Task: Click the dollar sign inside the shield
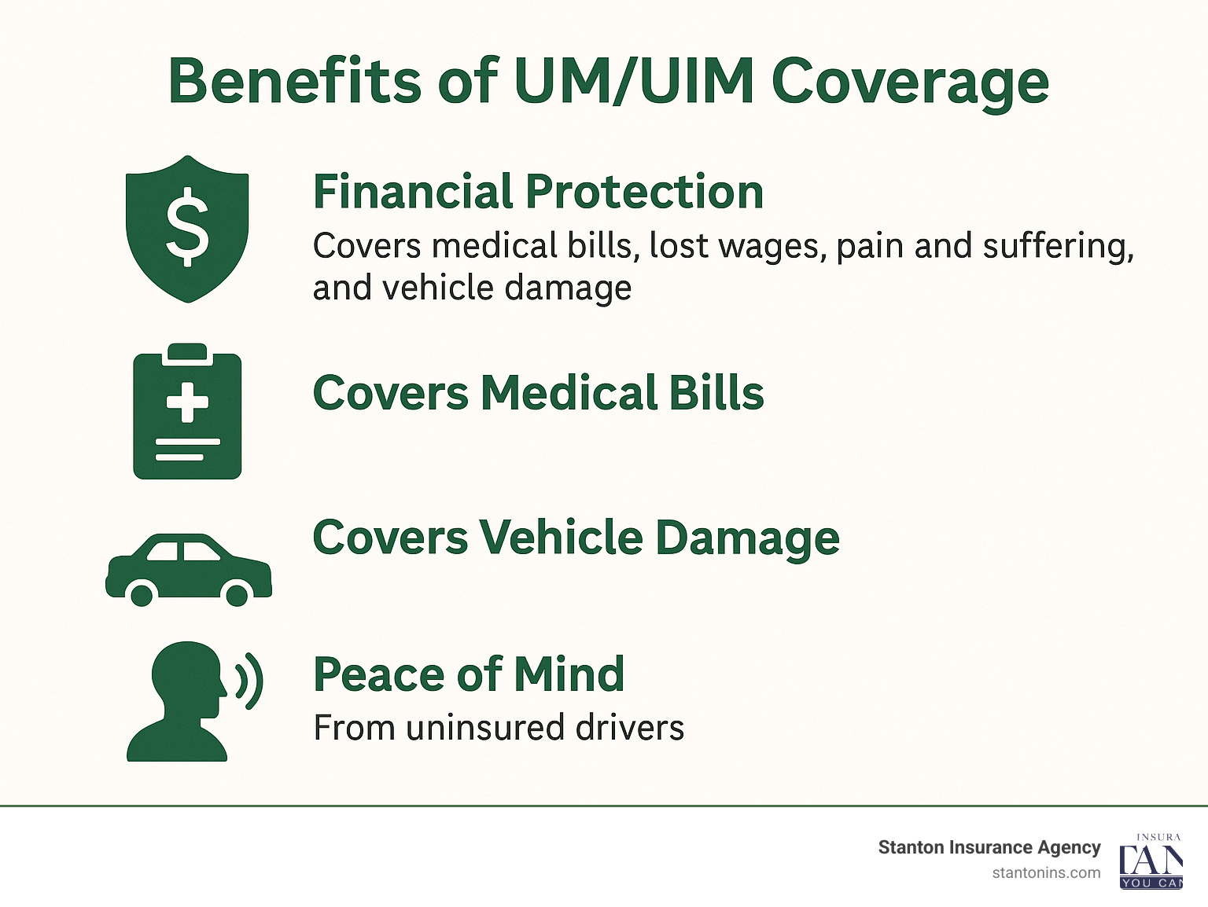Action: coord(187,226)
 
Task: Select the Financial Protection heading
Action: coord(538,192)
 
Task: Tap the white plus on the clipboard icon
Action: coord(187,402)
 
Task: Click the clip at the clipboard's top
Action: coord(187,352)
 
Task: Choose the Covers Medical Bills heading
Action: coord(538,392)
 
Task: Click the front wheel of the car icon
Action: coord(237,593)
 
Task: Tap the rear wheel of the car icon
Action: coord(142,593)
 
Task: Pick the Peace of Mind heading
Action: coord(469,674)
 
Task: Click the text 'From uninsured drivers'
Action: coord(499,728)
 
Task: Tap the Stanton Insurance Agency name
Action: coord(989,847)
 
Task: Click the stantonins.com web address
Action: coord(1046,872)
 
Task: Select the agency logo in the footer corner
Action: coord(1151,861)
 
